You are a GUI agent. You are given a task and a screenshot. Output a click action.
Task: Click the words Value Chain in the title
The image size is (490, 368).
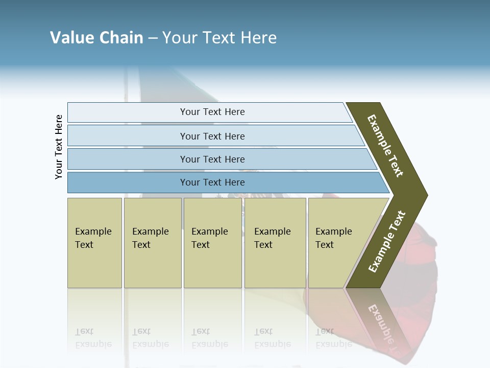[x=96, y=38]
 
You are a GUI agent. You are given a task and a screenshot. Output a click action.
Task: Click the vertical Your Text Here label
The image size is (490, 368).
[x=59, y=147]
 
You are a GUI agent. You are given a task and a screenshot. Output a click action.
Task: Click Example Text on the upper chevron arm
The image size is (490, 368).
[x=385, y=146]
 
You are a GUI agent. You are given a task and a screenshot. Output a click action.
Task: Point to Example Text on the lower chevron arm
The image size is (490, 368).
[x=387, y=241]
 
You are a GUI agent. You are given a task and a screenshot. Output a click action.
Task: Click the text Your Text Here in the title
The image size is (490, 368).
[x=219, y=38]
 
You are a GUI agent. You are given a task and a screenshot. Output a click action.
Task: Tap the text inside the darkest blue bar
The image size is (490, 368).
[x=212, y=182]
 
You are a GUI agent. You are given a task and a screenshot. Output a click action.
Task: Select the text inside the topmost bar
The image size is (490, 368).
[x=212, y=112]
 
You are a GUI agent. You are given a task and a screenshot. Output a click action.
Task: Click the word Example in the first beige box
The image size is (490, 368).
[x=93, y=232]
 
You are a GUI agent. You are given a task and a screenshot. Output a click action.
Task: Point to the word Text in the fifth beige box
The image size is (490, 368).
[x=325, y=245]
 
